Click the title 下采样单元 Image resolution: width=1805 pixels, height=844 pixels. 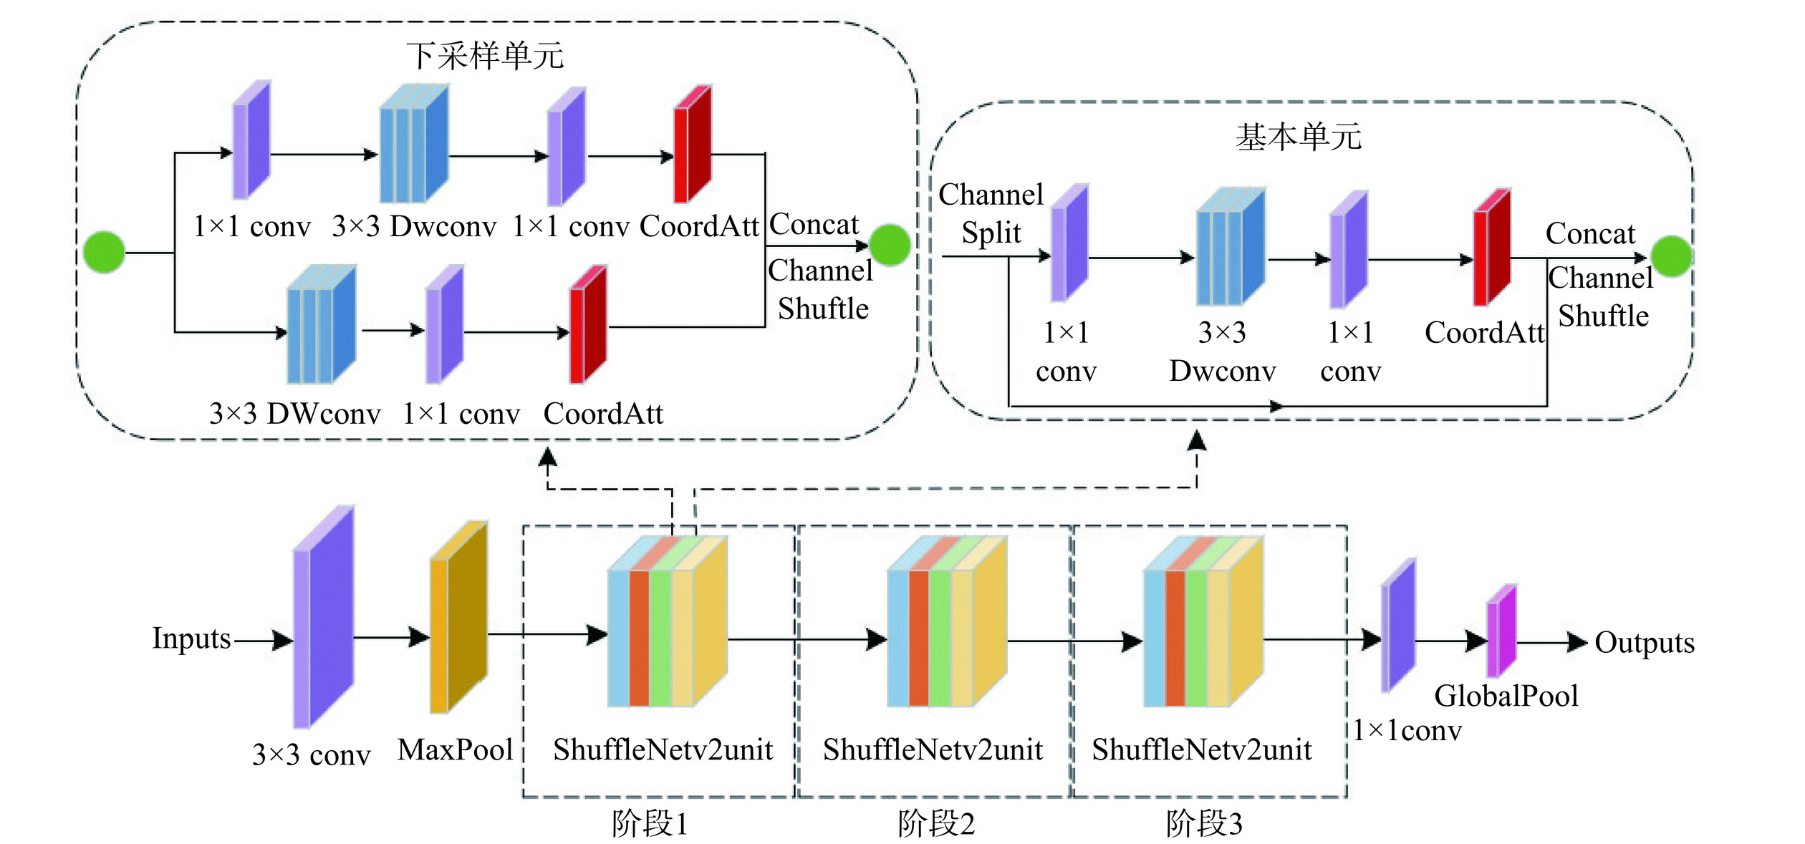(x=485, y=56)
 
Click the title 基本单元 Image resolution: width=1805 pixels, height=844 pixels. (x=1298, y=137)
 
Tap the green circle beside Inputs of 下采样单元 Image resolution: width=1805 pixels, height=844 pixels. (x=105, y=252)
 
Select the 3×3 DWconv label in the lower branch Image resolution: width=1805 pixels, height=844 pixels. (x=294, y=414)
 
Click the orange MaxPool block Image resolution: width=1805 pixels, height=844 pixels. (x=458, y=617)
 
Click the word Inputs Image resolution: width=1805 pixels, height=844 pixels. (x=191, y=638)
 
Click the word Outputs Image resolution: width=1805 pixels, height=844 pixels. (x=1645, y=643)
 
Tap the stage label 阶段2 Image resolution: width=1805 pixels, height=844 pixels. (x=935, y=824)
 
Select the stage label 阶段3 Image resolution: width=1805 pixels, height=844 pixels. (x=1203, y=824)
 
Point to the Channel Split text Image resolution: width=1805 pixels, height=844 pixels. (x=991, y=213)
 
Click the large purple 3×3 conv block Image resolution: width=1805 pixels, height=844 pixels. (x=323, y=617)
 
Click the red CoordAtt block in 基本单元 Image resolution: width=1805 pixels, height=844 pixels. (x=1492, y=248)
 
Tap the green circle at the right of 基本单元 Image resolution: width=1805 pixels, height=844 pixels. (x=1671, y=256)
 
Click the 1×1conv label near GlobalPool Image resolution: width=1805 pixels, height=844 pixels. (x=1407, y=730)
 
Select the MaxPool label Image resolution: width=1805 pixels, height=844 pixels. (x=456, y=750)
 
